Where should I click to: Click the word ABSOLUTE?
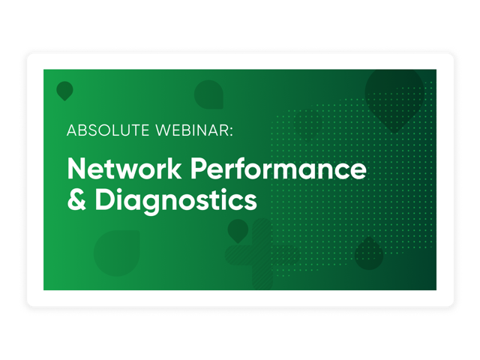coord(108,130)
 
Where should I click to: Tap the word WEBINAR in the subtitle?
coord(192,130)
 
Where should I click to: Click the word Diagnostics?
coord(176,201)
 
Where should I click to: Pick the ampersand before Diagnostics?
coord(76,199)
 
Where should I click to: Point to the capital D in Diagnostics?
coord(105,199)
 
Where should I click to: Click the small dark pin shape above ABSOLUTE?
coord(65,91)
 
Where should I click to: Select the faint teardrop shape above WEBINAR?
coord(208,94)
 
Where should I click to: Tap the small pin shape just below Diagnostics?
coord(238,231)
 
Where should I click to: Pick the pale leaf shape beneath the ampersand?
coord(117,253)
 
